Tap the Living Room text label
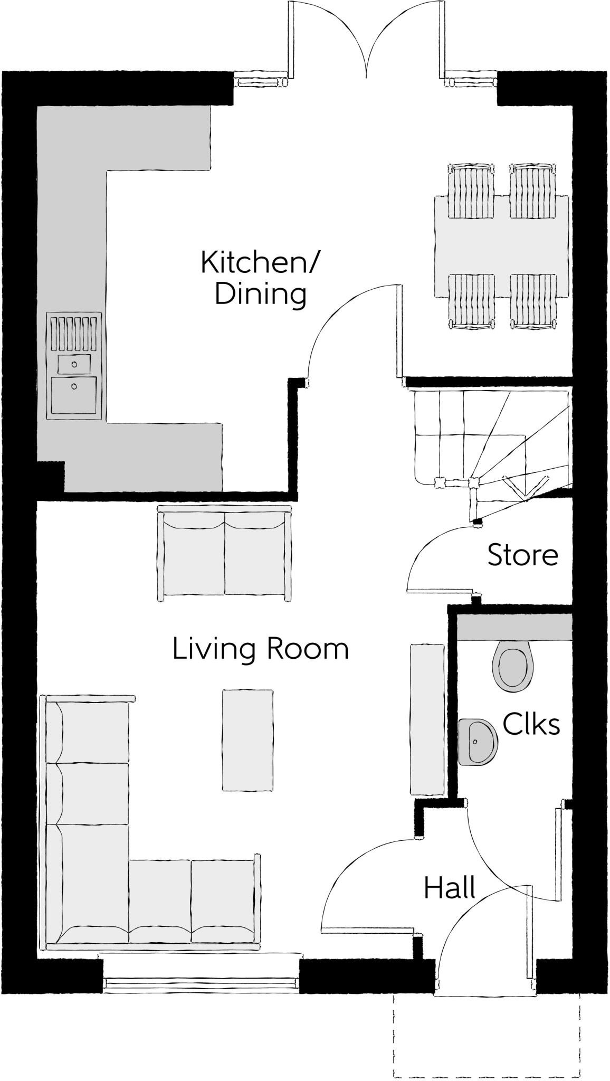pyautogui.click(x=261, y=649)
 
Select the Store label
pyautogui.click(x=522, y=555)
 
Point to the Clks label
pyautogui.click(x=531, y=724)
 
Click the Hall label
pyautogui.click(x=450, y=888)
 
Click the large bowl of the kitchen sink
pyautogui.click(x=74, y=394)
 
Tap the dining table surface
pyautogui.click(x=501, y=246)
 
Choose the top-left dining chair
pyautogui.click(x=472, y=191)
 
